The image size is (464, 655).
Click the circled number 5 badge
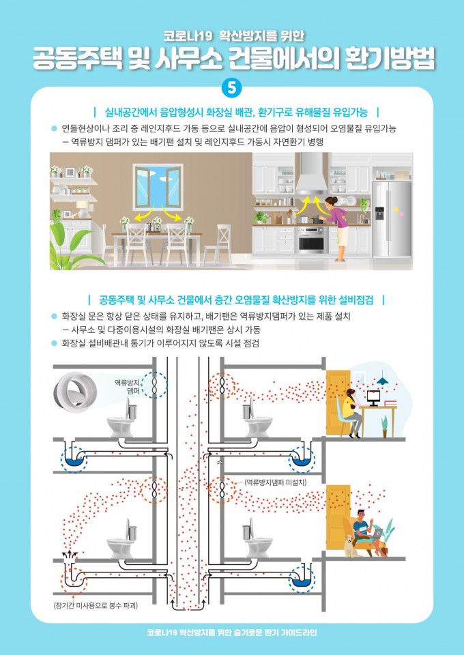[232, 88]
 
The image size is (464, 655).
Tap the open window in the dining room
[158, 187]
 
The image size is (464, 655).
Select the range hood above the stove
[311, 173]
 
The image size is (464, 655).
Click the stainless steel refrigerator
[392, 219]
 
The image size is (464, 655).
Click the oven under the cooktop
[312, 240]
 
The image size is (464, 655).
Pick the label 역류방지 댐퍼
[127, 386]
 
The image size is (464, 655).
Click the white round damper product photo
[75, 392]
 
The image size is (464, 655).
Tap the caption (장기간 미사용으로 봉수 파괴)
[96, 605]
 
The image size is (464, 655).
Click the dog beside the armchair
[351, 545]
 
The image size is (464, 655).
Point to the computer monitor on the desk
[373, 397]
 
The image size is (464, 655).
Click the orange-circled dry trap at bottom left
[74, 580]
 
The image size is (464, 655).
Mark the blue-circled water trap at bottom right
[302, 579]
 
